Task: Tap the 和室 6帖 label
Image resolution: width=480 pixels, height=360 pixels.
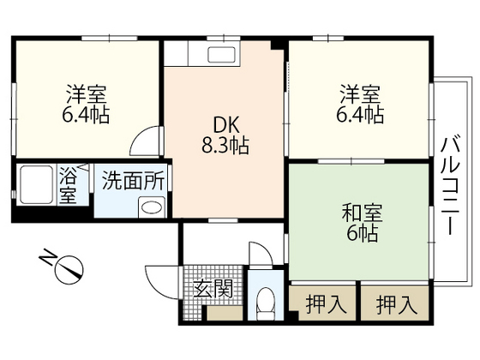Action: (x=360, y=220)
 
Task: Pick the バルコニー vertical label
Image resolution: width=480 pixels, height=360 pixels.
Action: (x=451, y=185)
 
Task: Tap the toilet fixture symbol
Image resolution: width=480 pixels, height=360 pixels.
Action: (x=266, y=302)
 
